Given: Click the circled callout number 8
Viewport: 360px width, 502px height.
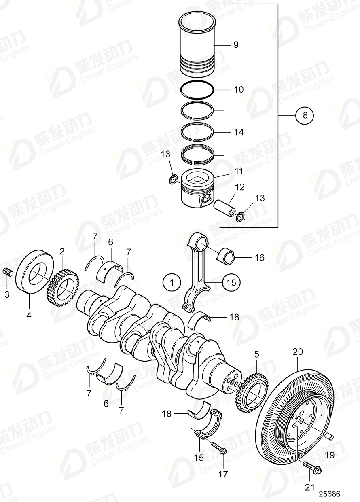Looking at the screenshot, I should (305, 116).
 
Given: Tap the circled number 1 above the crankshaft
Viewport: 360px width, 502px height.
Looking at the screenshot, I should (172, 282).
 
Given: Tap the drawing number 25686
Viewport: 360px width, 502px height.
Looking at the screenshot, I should (329, 494).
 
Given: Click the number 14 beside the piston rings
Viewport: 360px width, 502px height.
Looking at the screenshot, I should (239, 132).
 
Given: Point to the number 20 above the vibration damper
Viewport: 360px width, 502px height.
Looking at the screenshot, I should (297, 352).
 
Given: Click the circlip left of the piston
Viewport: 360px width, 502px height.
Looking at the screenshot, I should (173, 179).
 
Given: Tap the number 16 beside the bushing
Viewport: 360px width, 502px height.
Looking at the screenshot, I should (259, 258).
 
